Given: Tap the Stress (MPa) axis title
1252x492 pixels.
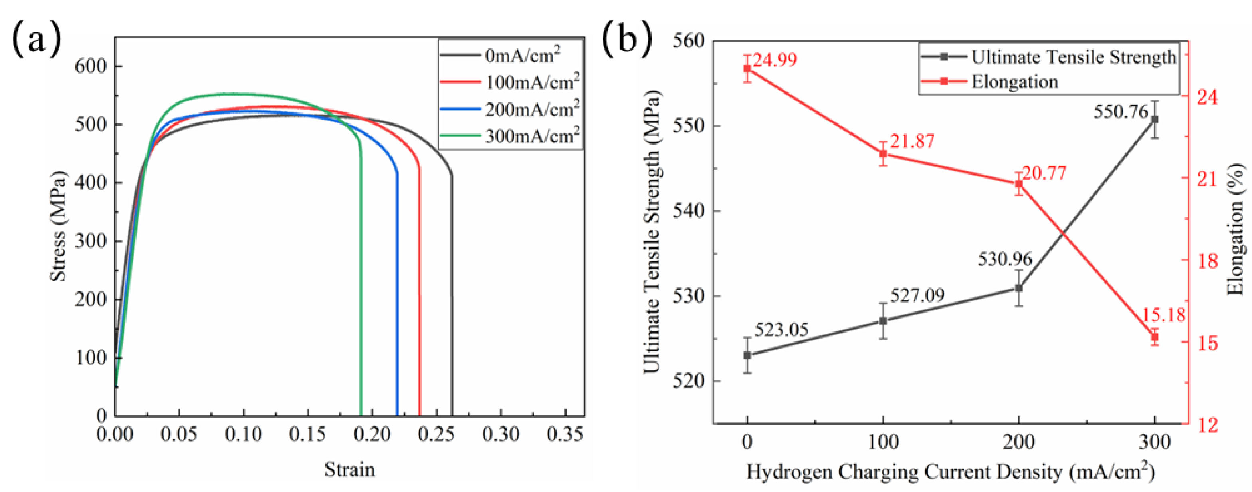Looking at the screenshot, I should [58, 226].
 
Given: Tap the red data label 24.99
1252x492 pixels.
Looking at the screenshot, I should [775, 60].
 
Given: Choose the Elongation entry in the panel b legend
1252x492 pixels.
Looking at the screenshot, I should [1014, 81].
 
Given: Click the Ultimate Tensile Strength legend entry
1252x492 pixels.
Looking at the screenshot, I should [1073, 57].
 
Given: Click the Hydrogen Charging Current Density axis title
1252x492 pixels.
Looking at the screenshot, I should [950, 472].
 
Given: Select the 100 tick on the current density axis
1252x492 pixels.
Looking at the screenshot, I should [883, 442].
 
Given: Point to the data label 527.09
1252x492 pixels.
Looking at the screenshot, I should [917, 295].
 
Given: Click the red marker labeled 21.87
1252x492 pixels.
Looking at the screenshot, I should [883, 154].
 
